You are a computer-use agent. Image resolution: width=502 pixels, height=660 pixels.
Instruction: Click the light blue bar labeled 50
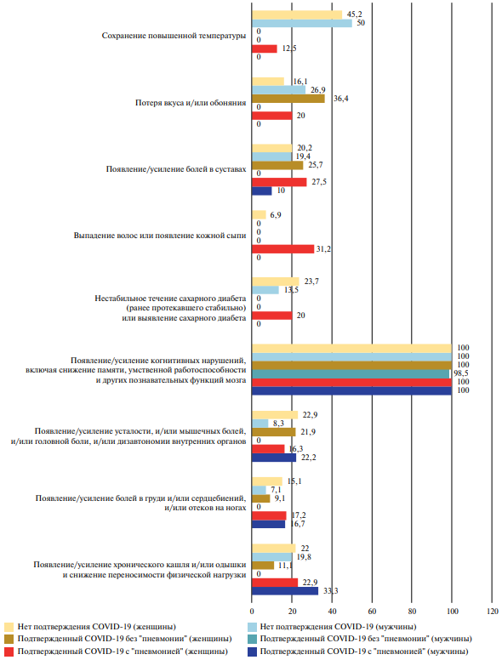302,23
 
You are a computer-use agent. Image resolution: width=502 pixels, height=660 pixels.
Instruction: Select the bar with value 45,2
297,14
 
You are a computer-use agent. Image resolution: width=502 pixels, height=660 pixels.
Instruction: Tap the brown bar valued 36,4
288,99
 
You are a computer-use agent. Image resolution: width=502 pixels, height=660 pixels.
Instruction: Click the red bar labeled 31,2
283,249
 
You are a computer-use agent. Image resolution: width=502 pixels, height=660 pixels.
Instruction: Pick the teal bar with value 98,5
351,373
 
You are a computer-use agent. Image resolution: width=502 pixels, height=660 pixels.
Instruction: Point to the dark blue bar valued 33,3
285,591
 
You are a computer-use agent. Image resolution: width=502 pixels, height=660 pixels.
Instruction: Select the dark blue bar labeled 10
262,191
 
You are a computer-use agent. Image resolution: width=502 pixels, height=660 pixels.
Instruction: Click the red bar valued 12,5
265,48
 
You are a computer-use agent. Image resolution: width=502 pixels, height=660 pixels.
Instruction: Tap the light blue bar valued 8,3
260,424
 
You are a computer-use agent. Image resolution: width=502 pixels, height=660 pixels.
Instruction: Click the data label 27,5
319,182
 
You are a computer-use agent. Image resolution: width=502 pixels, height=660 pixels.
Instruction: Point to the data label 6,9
276,215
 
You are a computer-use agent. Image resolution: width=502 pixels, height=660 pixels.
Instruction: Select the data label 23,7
311,282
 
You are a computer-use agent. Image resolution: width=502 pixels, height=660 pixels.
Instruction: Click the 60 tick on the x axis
372,612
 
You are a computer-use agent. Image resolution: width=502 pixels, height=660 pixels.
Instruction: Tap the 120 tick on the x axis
492,612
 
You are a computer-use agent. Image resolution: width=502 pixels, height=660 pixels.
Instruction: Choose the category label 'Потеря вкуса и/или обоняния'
191,103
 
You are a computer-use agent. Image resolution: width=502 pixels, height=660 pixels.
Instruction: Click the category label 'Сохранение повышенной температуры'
174,36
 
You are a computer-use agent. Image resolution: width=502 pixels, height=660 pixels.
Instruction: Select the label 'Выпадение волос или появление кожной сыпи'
160,236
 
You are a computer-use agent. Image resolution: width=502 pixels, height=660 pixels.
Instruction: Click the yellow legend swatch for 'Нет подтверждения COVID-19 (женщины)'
9,627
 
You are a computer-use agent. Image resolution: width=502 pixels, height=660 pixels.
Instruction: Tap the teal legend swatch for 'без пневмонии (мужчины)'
252,639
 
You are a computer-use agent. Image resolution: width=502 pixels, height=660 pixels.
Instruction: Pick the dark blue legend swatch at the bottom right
252,651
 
